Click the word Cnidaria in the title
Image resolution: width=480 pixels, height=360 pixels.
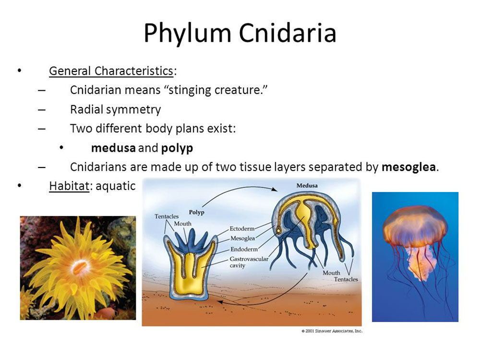pos(288,33)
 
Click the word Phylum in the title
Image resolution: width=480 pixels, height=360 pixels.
pos(187,34)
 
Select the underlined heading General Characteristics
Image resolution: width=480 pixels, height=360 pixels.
pos(111,71)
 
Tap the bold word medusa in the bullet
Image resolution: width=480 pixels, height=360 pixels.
pos(113,148)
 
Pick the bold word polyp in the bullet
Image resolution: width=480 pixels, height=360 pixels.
pos(177,148)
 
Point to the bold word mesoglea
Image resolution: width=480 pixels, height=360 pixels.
pos(408,167)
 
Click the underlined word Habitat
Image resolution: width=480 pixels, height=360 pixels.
pos(69,186)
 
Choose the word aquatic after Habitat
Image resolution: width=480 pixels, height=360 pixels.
pos(115,186)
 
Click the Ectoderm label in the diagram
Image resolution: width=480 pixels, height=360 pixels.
pos(242,228)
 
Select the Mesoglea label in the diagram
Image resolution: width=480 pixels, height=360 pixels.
pos(242,238)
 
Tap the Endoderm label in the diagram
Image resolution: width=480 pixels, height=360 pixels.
pos(244,249)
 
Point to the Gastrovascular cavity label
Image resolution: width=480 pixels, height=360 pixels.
pos(249,262)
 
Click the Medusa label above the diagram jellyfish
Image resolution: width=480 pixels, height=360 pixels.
pos(307,185)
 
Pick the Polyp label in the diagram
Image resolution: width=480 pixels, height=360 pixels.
pos(196,212)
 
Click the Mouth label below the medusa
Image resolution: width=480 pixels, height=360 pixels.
pos(331,273)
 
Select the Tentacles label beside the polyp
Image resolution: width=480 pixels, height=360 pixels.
pos(167,216)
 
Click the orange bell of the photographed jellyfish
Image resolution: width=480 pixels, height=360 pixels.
pos(415,227)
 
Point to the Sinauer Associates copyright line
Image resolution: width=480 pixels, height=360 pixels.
pos(332,331)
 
